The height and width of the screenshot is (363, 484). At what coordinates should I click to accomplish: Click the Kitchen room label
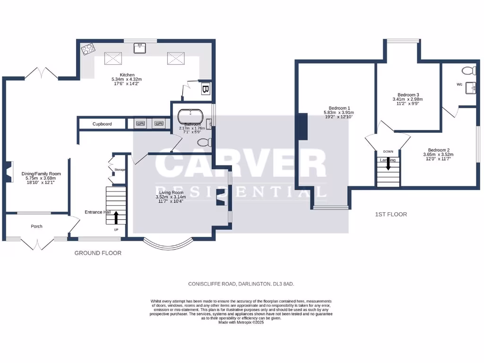[127, 75]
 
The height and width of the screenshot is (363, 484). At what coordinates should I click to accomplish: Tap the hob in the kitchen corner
[87, 49]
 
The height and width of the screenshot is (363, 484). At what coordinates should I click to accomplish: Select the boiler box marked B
[206, 89]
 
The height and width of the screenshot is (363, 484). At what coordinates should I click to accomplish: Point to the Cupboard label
[102, 124]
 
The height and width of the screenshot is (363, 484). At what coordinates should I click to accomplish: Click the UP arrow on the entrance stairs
[116, 218]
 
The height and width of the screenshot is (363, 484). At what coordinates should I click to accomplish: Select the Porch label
[36, 226]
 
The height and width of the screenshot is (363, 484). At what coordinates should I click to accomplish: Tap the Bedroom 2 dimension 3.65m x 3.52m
[438, 155]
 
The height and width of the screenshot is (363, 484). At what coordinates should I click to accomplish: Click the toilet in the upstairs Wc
[468, 71]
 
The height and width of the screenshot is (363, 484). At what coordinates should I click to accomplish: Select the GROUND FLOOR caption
[98, 253]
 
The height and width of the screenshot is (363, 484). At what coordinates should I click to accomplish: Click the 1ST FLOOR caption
[391, 214]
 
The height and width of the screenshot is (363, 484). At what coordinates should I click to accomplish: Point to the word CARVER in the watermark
[241, 164]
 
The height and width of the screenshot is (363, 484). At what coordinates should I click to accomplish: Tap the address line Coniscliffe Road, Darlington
[241, 284]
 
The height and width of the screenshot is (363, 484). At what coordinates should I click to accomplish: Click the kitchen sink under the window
[140, 48]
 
